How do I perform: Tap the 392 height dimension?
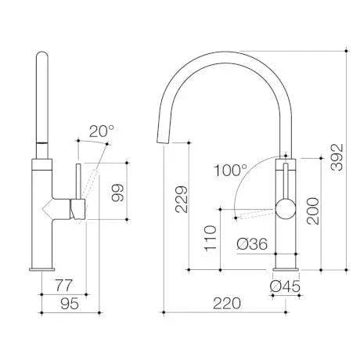(336, 160)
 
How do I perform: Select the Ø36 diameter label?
(252, 244)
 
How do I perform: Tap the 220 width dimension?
(227, 302)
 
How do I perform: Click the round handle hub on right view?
(285, 209)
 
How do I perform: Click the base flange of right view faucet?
(285, 269)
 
